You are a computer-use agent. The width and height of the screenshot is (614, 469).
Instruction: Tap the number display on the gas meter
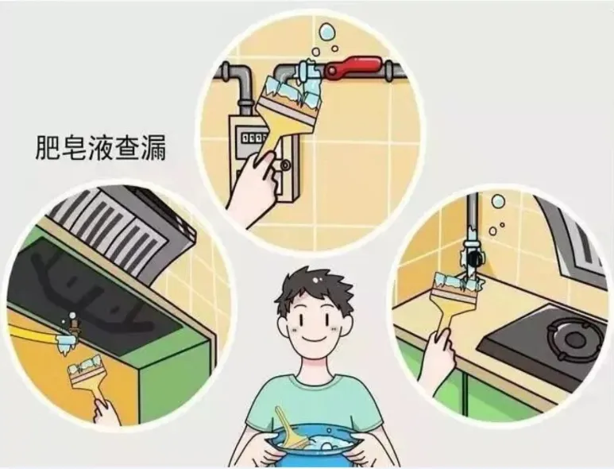253,138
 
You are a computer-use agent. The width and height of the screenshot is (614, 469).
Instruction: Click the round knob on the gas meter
285,165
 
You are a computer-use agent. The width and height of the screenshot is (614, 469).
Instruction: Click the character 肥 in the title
48,148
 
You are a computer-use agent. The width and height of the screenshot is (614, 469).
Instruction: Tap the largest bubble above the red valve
326,32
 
